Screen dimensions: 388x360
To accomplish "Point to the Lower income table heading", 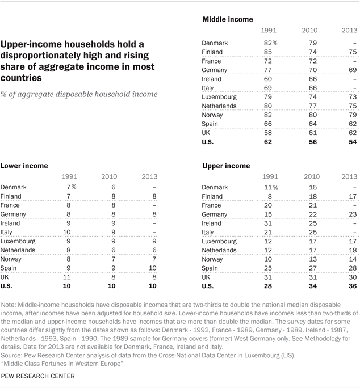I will [24, 166].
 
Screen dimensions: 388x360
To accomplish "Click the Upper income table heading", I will [226, 166].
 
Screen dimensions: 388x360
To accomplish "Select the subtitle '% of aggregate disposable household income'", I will [78, 94].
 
